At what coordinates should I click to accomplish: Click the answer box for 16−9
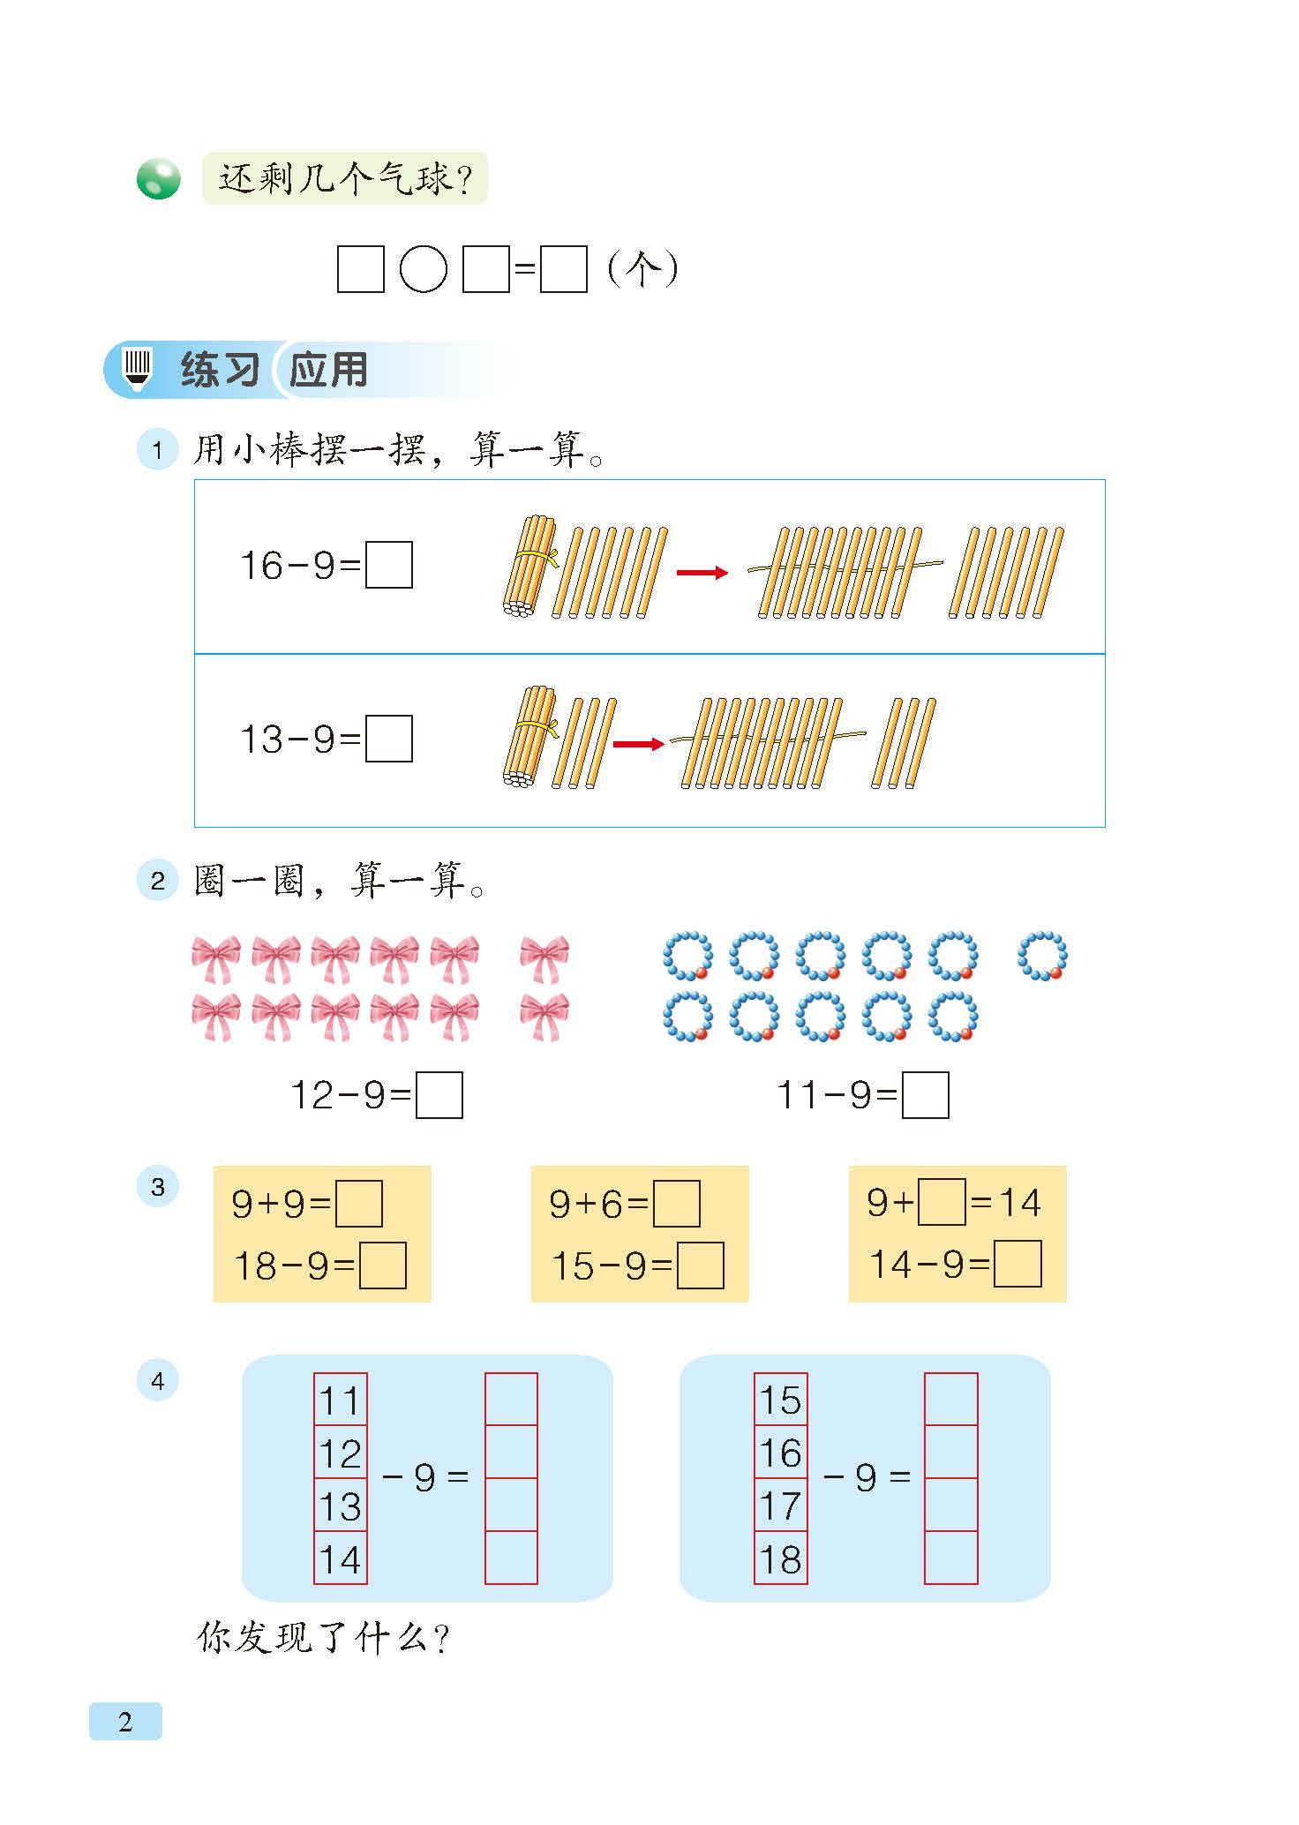click(x=389, y=565)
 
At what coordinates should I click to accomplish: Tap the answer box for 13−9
click(x=389, y=739)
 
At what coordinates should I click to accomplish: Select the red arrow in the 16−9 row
click(x=702, y=573)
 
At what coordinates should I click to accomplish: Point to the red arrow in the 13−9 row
click(x=638, y=744)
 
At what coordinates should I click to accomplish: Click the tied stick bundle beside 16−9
click(x=529, y=566)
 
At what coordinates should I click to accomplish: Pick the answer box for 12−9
click(x=439, y=1095)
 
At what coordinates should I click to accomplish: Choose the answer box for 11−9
click(x=926, y=1095)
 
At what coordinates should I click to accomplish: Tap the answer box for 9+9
click(x=359, y=1204)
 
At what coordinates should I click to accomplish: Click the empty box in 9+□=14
click(x=942, y=1202)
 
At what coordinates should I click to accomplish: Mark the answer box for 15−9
click(x=701, y=1265)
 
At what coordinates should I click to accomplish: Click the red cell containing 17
click(x=781, y=1505)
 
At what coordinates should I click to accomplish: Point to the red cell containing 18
click(x=781, y=1558)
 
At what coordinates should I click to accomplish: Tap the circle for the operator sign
click(x=424, y=268)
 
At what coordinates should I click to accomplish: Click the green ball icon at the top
click(x=159, y=179)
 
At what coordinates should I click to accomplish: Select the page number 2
click(x=125, y=1721)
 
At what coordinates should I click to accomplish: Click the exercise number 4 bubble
click(x=158, y=1381)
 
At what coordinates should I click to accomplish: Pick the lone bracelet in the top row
click(x=1043, y=956)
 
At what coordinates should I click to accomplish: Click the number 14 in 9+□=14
click(x=1020, y=1202)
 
